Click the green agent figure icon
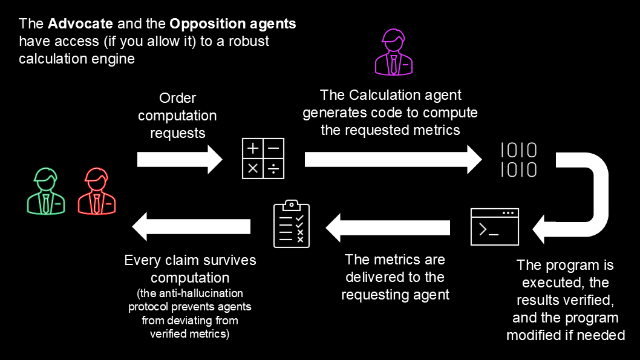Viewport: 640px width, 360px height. click(46, 191)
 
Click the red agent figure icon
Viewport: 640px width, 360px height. click(97, 191)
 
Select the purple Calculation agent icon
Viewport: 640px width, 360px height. click(394, 53)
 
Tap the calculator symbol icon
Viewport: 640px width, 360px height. click(263, 159)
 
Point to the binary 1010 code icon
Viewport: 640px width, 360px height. click(518, 160)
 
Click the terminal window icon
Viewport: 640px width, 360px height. click(495, 226)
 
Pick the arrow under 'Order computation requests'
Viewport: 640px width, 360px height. click(180, 159)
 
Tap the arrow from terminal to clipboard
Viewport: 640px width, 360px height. click(388, 227)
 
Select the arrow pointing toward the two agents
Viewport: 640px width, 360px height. click(191, 226)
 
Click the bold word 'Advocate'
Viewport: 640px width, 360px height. click(80, 24)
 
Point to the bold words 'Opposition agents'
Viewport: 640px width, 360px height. click(233, 24)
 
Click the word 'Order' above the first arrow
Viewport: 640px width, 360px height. click(177, 98)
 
